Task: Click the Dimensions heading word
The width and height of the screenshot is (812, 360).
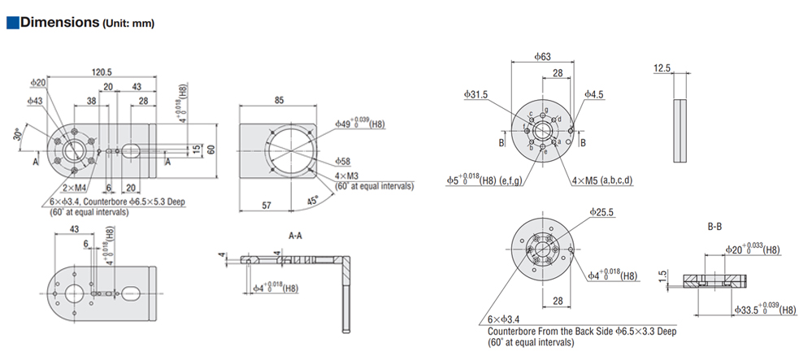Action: (59, 22)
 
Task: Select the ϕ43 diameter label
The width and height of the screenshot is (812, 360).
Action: (35, 101)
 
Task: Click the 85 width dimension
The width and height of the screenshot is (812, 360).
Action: (279, 99)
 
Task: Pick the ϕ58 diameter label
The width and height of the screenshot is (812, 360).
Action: (343, 162)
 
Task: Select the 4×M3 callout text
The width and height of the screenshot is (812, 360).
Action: (347, 177)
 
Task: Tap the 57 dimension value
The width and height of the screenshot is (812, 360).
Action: (266, 206)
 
